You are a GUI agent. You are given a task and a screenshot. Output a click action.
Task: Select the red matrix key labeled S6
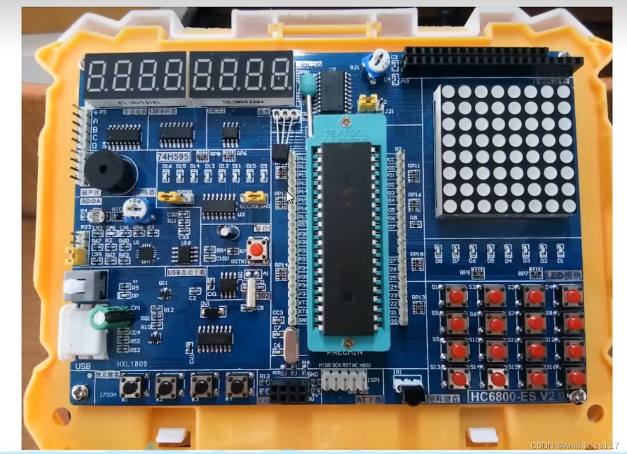point(496,322)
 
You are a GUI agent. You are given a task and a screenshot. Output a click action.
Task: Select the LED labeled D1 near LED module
point(560,250)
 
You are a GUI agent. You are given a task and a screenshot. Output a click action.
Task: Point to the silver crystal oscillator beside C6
point(291,344)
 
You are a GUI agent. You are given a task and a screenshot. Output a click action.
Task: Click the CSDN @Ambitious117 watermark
point(575,445)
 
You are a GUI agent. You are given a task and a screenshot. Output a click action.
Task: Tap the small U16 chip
point(184,254)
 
